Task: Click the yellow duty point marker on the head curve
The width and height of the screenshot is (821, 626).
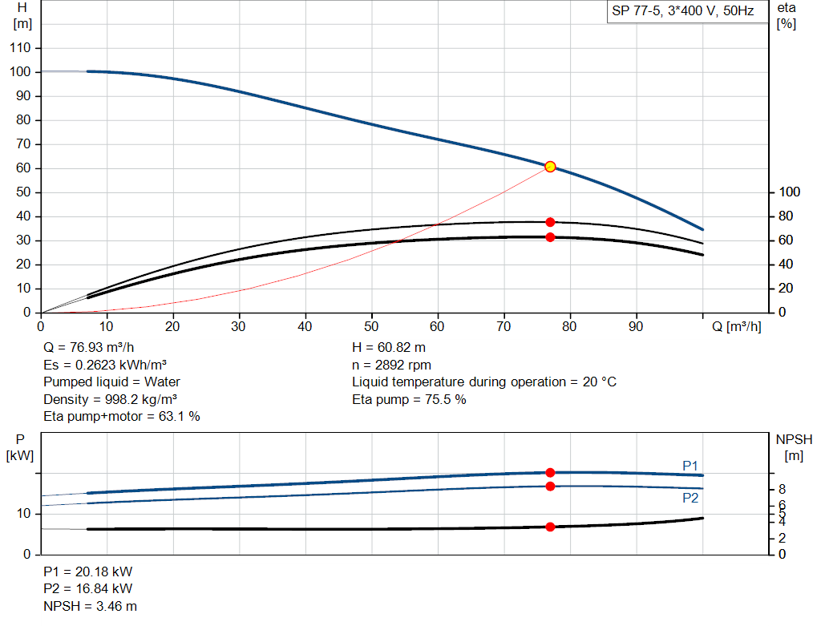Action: click(550, 167)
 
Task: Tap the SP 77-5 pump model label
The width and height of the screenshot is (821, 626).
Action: click(683, 11)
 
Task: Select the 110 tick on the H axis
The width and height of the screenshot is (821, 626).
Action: click(20, 48)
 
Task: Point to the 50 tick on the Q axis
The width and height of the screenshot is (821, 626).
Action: click(371, 326)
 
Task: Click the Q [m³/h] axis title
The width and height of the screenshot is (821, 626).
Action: click(736, 326)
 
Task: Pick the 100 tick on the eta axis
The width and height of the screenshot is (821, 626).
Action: click(790, 192)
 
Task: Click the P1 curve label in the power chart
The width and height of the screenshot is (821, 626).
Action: click(690, 466)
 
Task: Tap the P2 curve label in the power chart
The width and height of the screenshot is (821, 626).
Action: click(690, 498)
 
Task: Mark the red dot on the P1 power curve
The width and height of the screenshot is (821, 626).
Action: click(550, 473)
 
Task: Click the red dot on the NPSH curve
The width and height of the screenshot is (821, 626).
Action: click(550, 527)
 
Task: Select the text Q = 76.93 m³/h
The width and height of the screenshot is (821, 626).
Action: click(88, 348)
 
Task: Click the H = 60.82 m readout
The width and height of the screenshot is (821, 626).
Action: click(389, 348)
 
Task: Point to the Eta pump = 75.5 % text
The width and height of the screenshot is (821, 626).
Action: click(409, 399)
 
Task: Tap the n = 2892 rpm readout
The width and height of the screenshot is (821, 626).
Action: click(391, 365)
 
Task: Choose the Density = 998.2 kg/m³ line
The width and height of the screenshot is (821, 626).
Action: click(110, 399)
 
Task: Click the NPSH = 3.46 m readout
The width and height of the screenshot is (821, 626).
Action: click(90, 606)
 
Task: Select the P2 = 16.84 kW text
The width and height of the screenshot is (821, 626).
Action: click(88, 589)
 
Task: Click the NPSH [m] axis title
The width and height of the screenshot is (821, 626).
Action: click(794, 447)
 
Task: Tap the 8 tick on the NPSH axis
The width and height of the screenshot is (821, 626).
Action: click(782, 490)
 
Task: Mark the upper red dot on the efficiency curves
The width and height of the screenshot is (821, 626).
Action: click(550, 223)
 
